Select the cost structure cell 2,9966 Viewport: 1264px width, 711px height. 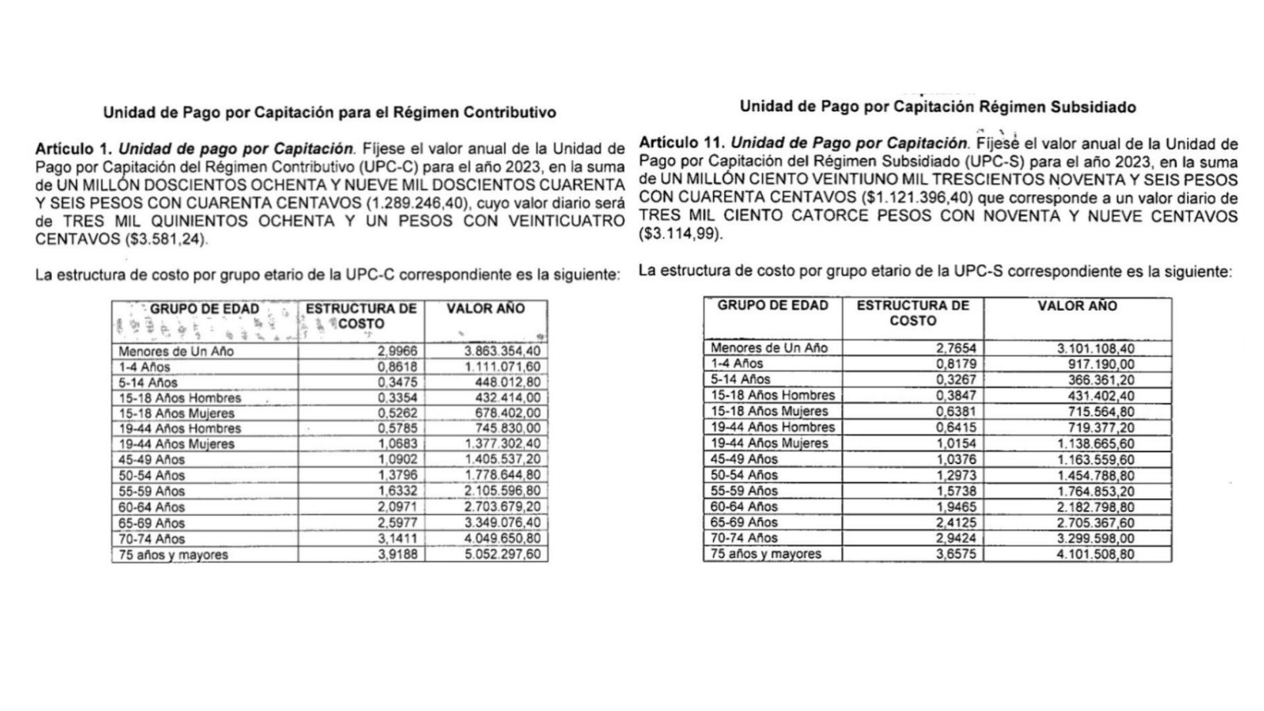coord(397,351)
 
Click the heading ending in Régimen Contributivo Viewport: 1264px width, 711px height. coord(329,113)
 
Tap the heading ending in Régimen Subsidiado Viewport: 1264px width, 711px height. coord(937,107)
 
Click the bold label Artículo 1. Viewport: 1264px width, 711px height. coord(74,148)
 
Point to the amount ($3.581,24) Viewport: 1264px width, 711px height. coord(167,240)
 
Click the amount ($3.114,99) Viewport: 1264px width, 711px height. coord(680,234)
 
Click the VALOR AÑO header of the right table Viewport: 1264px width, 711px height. coord(1077,306)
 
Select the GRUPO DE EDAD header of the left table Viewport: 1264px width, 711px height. coord(204,309)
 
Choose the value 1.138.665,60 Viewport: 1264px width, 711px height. coord(1095,443)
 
